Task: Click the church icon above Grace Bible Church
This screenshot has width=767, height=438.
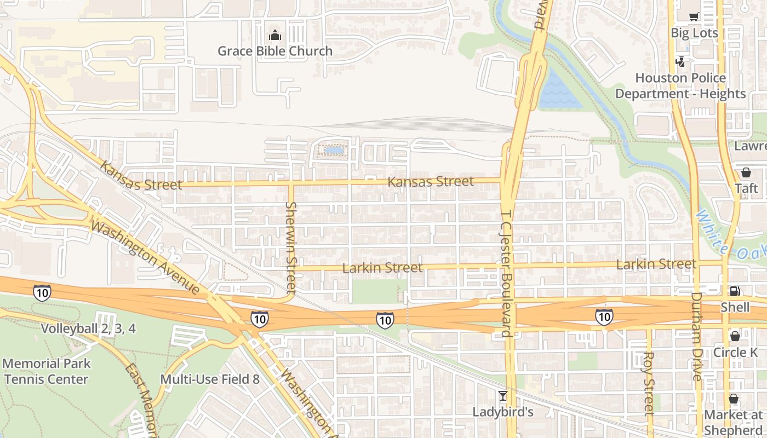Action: click(274, 36)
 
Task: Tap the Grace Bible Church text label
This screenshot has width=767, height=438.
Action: click(275, 51)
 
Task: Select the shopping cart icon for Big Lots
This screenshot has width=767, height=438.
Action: click(694, 17)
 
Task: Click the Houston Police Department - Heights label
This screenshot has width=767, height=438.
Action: click(680, 86)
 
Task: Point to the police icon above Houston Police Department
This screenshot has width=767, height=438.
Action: click(680, 61)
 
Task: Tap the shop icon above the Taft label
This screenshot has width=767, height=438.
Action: click(746, 172)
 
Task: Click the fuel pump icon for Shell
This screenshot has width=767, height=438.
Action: click(735, 291)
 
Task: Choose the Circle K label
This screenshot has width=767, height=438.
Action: click(735, 352)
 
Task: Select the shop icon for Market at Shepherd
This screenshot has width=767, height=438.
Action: click(734, 398)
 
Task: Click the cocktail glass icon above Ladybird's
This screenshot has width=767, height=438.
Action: click(502, 395)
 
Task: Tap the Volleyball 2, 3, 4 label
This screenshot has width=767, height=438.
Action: click(88, 329)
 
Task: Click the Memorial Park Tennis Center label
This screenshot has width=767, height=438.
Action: click(47, 371)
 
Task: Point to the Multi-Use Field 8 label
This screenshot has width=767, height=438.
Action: click(210, 379)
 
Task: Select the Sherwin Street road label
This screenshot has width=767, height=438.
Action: click(291, 246)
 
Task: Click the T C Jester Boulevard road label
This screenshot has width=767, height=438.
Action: click(506, 274)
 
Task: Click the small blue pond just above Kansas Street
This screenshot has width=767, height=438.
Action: click(334, 149)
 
